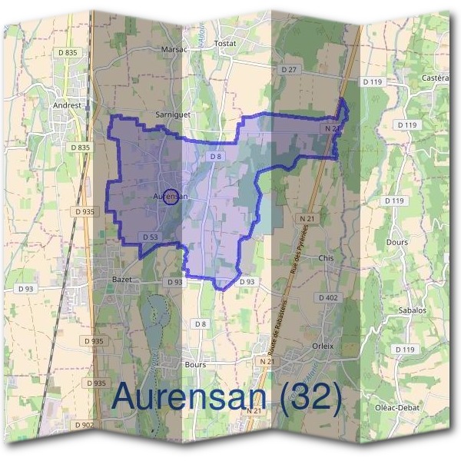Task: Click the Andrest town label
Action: (x=67, y=105)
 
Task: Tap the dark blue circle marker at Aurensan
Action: (x=172, y=197)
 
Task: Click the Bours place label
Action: (x=195, y=364)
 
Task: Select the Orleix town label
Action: (x=323, y=346)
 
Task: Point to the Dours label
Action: (x=397, y=240)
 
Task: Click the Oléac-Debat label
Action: (x=397, y=407)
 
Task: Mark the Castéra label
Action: (x=435, y=78)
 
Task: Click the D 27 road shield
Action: (x=289, y=69)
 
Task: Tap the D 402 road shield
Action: (x=328, y=297)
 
